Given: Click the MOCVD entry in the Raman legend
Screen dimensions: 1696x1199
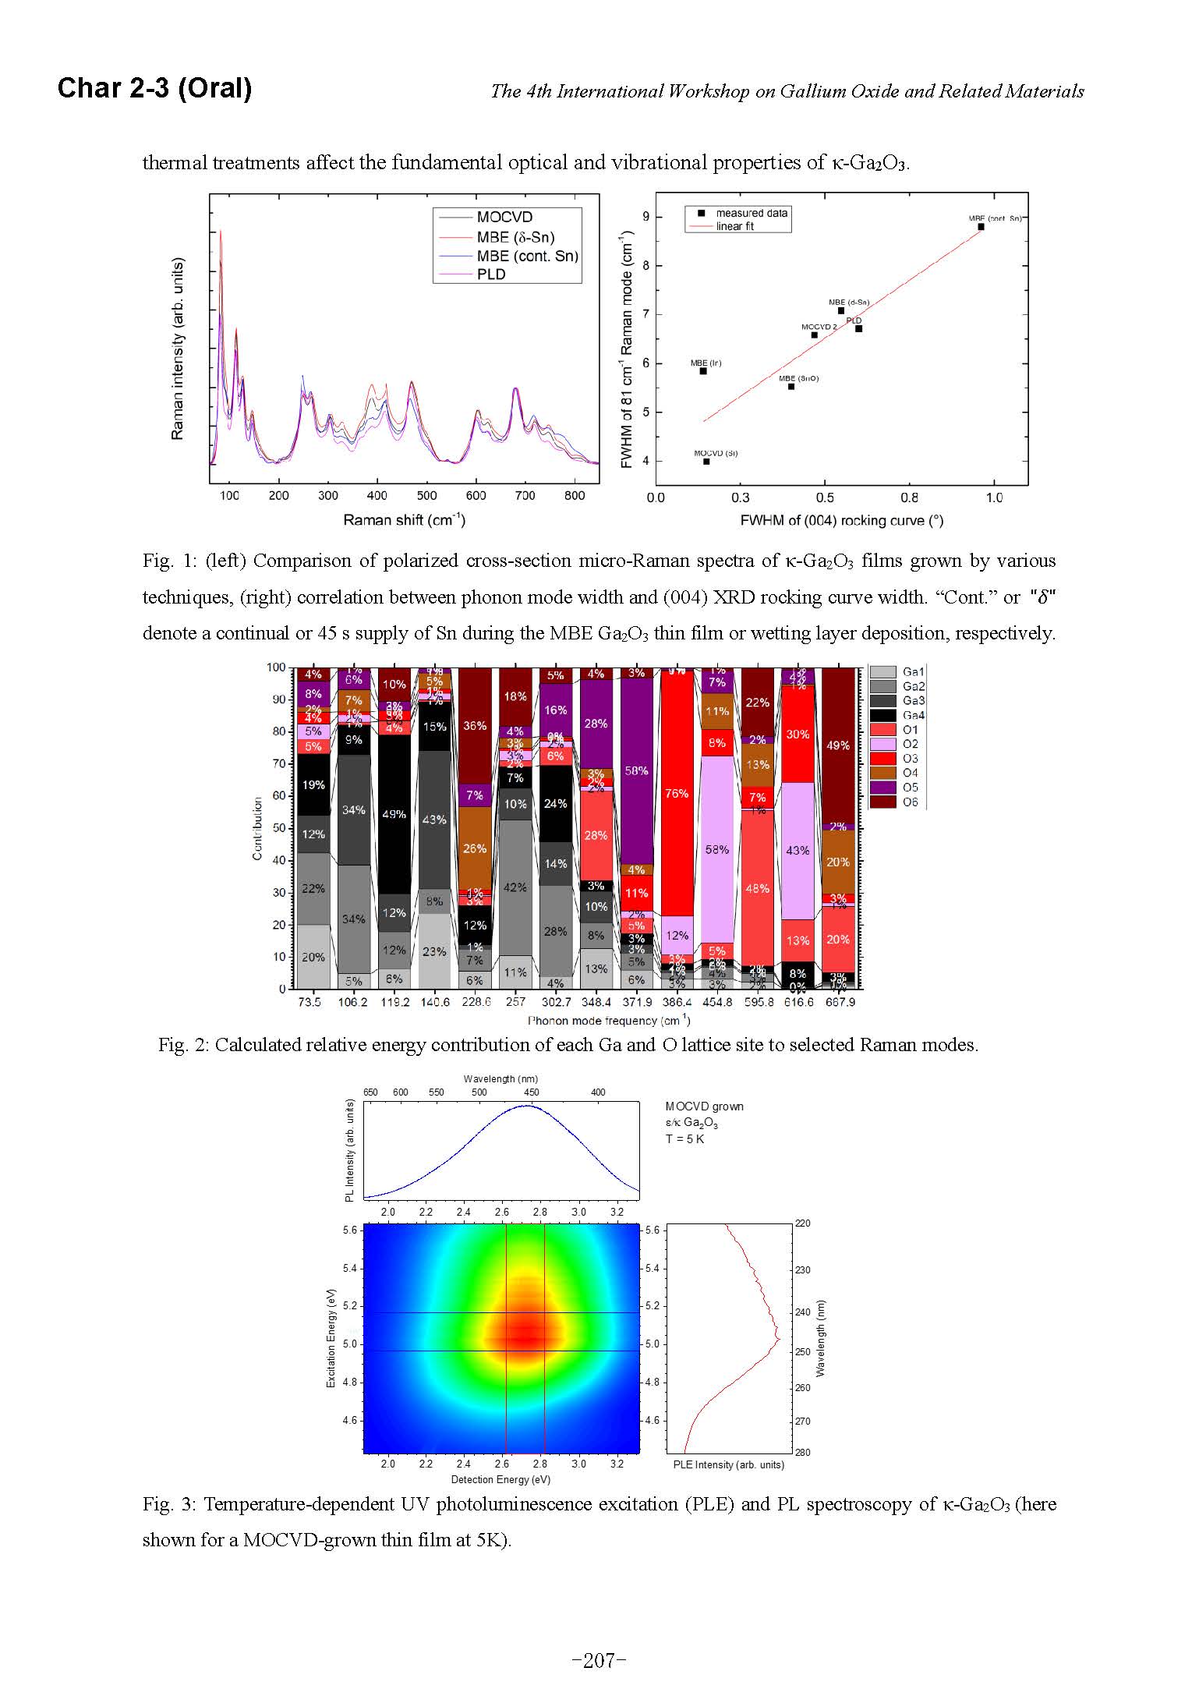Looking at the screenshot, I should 504,217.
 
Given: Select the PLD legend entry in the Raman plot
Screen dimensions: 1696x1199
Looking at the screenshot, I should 491,274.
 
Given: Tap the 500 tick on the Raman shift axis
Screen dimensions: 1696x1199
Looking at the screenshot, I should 426,496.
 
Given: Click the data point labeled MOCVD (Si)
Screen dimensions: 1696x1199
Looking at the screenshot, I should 706,462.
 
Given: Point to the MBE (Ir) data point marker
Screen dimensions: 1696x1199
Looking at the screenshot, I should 703,371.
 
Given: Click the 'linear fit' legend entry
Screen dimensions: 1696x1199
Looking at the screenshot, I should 734,226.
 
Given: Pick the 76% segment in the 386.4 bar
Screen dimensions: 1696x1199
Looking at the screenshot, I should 676,794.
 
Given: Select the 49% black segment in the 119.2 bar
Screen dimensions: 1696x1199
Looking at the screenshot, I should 394,814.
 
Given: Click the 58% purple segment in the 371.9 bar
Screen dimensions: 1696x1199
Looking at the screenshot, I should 636,770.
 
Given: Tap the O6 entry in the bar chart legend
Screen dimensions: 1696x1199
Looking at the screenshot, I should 910,802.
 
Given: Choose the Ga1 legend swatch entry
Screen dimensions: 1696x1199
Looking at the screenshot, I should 882,672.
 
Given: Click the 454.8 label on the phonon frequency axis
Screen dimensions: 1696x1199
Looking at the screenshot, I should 717,1002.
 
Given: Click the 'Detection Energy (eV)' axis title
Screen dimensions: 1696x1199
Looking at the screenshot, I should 500,1479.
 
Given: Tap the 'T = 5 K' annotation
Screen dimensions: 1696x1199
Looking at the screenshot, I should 684,1138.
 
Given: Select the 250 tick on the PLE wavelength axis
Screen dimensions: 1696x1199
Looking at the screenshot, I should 802,1351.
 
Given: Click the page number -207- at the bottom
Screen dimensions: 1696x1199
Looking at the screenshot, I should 599,1661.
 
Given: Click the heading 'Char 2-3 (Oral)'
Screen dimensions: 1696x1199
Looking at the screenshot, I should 154,88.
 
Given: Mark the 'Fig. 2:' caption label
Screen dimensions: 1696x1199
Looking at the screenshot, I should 183,1045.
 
